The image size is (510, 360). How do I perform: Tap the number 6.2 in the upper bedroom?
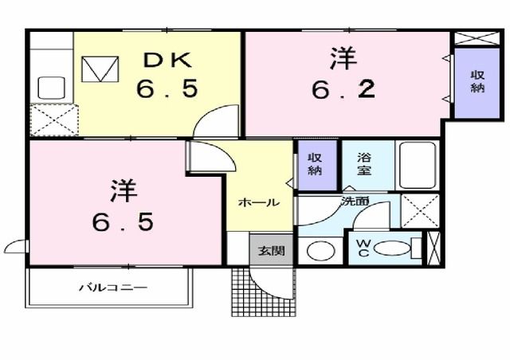pyautogui.click(x=343, y=90)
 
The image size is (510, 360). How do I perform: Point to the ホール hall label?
pyautogui.click(x=258, y=203)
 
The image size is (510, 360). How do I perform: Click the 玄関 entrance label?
pyautogui.click(x=265, y=249)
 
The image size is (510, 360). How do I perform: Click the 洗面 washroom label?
pyautogui.click(x=355, y=202)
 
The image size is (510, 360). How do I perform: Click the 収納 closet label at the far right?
pyautogui.click(x=477, y=81)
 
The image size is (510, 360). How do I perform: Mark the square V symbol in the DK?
pyautogui.click(x=100, y=69)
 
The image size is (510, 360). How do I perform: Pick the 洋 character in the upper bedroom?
pyautogui.click(x=343, y=58)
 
